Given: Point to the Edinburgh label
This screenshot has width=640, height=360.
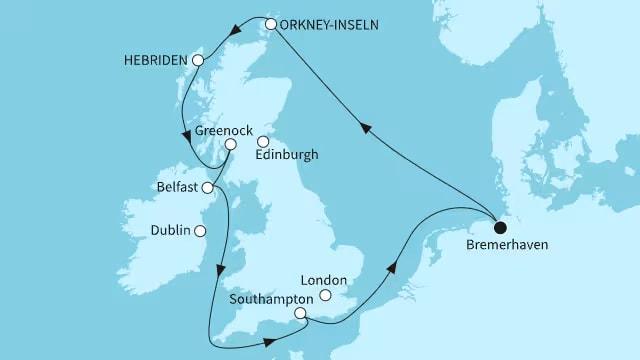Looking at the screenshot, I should pos(287,156).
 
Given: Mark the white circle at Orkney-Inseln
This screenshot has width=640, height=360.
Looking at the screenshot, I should pos(271,23).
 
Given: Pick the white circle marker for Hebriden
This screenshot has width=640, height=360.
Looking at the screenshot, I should pos(198,61).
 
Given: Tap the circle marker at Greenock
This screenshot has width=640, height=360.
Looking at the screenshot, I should pos(230,144).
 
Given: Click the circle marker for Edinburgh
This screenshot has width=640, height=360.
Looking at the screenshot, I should pos(263,141).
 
